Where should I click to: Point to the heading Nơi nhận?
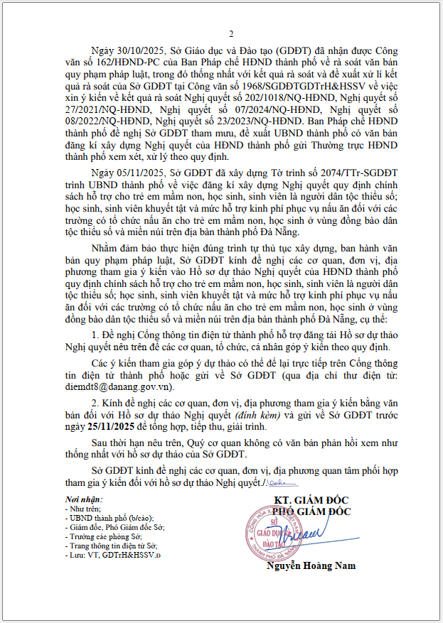tap(78, 500)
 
